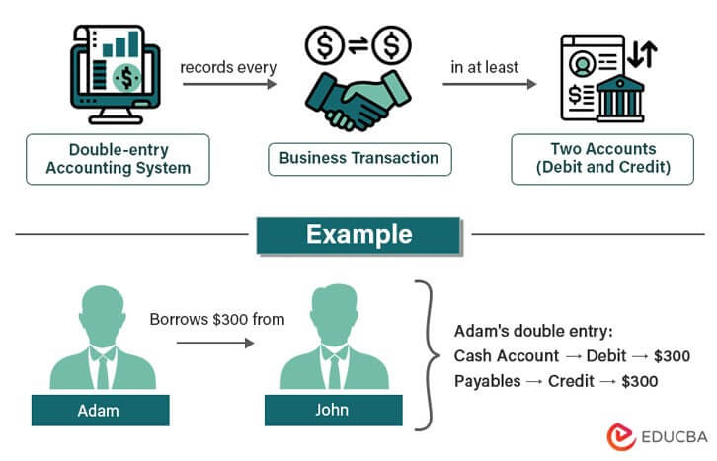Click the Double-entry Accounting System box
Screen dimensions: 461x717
pyautogui.click(x=118, y=159)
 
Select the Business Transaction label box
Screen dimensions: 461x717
pyautogui.click(x=358, y=158)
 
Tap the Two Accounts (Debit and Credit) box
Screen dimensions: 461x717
pyautogui.click(x=602, y=159)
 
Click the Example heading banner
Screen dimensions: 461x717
pyautogui.click(x=358, y=235)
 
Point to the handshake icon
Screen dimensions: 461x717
pyautogui.click(x=358, y=95)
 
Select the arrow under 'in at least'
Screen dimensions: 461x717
pyautogui.click(x=489, y=84)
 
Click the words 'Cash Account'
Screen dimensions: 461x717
pyautogui.click(x=500, y=355)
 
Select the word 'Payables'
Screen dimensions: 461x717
pyautogui.click(x=486, y=379)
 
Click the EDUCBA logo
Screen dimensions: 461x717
pyautogui.click(x=655, y=433)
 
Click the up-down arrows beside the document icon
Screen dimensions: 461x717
pyautogui.click(x=643, y=55)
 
